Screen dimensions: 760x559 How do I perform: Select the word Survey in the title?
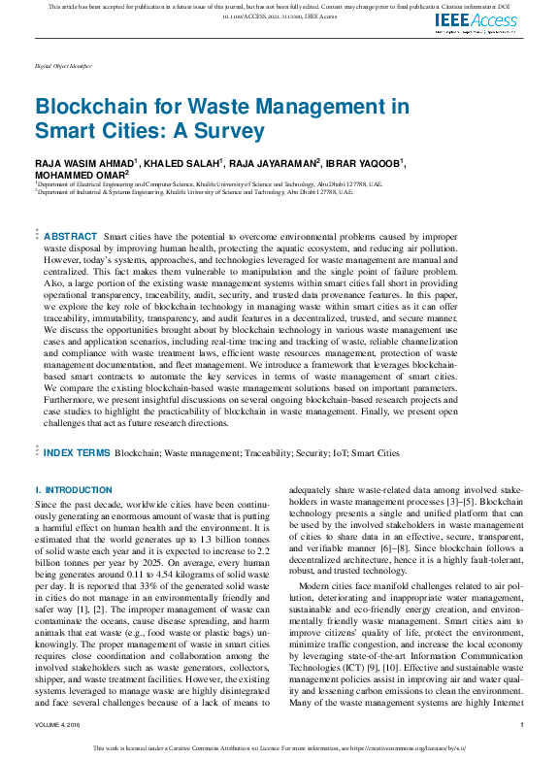226,129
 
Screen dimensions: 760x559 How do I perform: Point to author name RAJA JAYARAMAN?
279,163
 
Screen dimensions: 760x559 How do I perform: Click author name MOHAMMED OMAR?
79,175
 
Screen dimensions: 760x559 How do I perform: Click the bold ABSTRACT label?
71,237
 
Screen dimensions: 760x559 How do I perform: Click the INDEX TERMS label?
77,452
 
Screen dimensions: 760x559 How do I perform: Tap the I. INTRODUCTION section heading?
74,490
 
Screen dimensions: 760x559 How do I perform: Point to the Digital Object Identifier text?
63,65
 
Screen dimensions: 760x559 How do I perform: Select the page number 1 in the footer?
522,724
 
